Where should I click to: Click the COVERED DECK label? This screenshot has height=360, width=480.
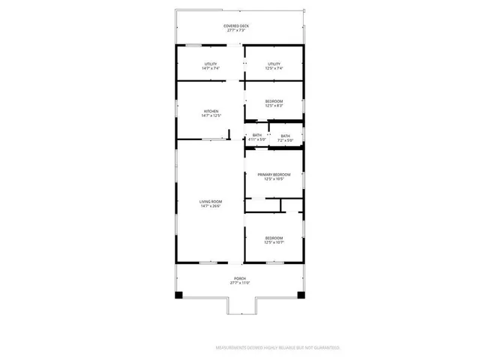tap(236, 26)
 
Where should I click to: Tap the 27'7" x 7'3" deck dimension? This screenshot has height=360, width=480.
tap(236, 31)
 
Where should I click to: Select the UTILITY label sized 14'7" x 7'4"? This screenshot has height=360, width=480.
tap(211, 64)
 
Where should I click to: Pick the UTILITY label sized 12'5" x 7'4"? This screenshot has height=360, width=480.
tap(274, 64)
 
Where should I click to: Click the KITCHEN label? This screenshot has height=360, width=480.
tap(211, 111)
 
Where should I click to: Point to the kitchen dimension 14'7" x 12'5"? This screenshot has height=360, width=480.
tap(211, 115)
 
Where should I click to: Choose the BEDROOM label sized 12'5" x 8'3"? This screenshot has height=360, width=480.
tap(274, 101)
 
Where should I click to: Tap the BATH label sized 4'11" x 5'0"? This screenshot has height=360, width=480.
tap(256, 136)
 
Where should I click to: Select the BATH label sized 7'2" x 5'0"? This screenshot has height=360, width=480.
tap(285, 136)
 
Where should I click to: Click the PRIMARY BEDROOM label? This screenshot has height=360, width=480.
tap(274, 174)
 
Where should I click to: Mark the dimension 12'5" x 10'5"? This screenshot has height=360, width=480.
tap(274, 178)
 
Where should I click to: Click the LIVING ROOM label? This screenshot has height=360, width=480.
tap(211, 201)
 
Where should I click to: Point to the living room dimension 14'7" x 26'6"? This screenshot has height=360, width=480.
tap(211, 205)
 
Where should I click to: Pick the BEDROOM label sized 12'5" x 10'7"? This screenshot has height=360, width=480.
tap(274, 238)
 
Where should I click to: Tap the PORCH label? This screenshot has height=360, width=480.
tap(240, 278)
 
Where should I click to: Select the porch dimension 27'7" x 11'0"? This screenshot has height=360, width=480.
tap(240, 283)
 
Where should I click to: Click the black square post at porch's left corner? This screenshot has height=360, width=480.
tap(178, 295)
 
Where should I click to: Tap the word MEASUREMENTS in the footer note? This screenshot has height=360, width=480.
tap(233, 348)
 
